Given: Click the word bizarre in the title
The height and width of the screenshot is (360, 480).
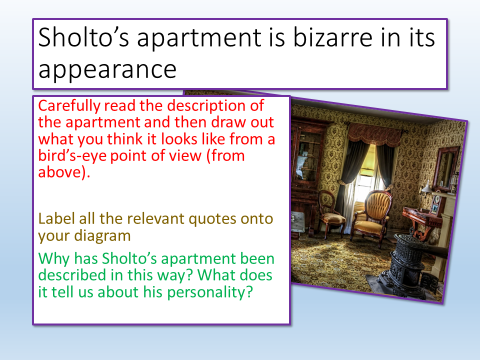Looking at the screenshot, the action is (x=333, y=37).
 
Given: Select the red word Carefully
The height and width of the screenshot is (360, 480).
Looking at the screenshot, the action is (x=69, y=106).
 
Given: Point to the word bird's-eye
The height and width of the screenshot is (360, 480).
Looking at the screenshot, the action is (x=71, y=155).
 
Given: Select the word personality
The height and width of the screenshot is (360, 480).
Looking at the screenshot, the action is (x=209, y=292).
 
